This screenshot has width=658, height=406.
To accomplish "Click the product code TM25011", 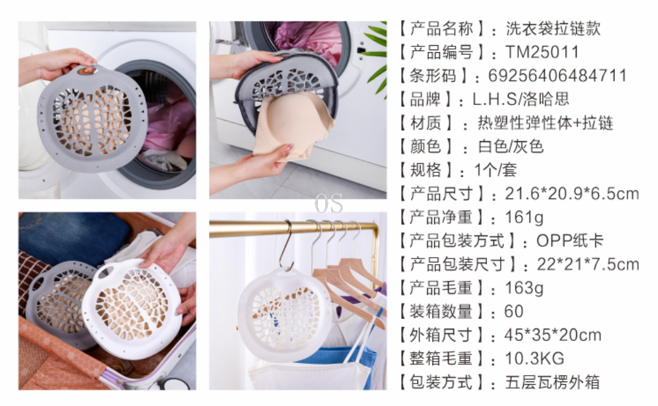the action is pyautogui.click(x=542, y=52).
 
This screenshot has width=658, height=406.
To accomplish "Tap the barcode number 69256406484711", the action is pyautogui.click(x=557, y=76).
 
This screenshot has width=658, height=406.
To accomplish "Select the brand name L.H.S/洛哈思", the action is pyautogui.click(x=521, y=99).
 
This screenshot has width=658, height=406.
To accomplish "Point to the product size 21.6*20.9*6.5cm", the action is pyautogui.click(x=572, y=194).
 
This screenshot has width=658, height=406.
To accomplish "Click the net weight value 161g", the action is pyautogui.click(x=524, y=218).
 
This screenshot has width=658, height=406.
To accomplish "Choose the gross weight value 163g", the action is pyautogui.click(x=524, y=288).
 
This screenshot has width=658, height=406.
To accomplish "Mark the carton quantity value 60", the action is pyautogui.click(x=513, y=312).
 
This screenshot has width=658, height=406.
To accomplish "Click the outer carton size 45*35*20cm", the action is pyautogui.click(x=553, y=335).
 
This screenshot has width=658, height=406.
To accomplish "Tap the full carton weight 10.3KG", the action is pyautogui.click(x=534, y=358).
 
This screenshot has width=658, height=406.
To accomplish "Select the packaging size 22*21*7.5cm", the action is pyautogui.click(x=588, y=265).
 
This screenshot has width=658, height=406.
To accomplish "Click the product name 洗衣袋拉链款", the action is pyautogui.click(x=553, y=29).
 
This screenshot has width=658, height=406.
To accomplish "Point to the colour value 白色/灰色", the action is pyautogui.click(x=511, y=147).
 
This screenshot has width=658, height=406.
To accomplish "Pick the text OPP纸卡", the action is pyautogui.click(x=570, y=241).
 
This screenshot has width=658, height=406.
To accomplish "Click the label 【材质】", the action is pyautogui.click(x=426, y=123).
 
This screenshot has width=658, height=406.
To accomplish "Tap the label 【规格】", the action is pyautogui.click(x=426, y=170).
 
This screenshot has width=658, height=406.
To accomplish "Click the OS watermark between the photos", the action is pyautogui.click(x=328, y=204).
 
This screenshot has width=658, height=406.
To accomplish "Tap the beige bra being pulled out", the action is pyautogui.click(x=292, y=126).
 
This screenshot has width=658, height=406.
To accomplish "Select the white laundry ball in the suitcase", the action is pyautogui.click(x=132, y=308).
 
